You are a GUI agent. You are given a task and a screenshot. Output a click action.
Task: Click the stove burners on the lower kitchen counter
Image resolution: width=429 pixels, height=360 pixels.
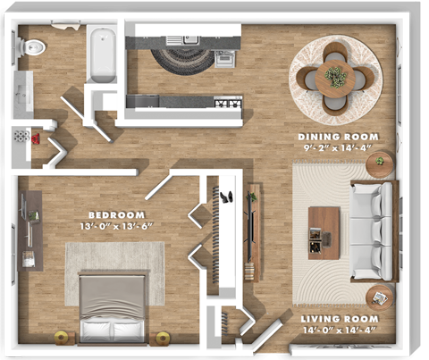point(228,104)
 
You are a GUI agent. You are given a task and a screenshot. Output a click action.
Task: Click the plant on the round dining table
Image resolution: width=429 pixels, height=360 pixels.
point(336,76)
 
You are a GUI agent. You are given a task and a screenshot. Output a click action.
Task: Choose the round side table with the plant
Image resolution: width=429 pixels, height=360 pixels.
point(380,163)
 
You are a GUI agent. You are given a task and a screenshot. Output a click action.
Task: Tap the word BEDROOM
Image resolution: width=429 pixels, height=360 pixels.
point(116,214)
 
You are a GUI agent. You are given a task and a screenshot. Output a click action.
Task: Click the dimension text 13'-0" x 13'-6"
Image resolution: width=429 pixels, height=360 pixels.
point(116,226)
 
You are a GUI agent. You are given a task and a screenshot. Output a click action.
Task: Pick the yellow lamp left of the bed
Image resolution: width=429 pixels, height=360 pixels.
point(62,338)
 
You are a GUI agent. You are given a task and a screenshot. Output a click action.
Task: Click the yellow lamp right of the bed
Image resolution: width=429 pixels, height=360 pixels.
point(164,338)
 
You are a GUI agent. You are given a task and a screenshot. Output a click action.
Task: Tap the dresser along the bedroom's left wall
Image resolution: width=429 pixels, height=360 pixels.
point(32,230)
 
